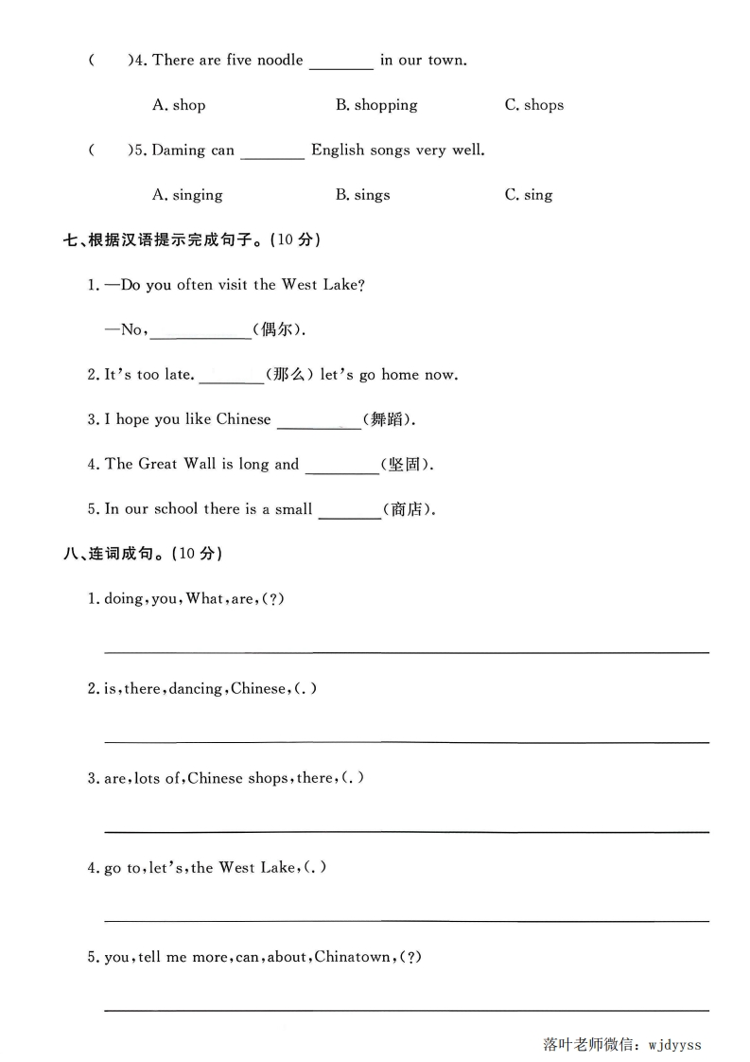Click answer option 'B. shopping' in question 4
(375, 105)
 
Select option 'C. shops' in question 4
(533, 105)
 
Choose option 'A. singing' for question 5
(187, 195)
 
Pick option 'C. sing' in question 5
(528, 195)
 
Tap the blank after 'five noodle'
(341, 62)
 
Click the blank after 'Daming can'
(272, 152)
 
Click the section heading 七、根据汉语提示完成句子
(192, 240)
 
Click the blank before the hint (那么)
(232, 377)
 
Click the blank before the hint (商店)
(350, 512)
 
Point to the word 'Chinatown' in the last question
(352, 957)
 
